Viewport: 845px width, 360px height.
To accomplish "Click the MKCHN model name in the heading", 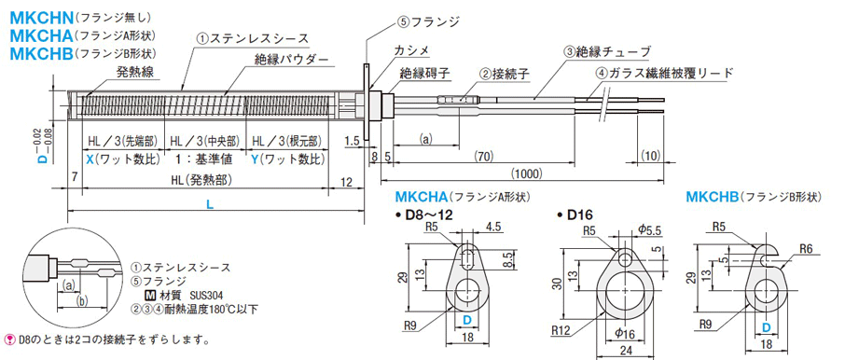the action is pyautogui.click(x=41, y=19).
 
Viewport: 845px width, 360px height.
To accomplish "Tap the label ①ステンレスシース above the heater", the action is pyautogui.click(x=252, y=38).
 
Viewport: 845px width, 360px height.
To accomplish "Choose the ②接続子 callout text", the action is pyautogui.click(x=504, y=75).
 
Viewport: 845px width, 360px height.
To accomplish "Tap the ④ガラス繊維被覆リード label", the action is pyautogui.click(x=664, y=73).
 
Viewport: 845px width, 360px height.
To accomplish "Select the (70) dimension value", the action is pyautogui.click(x=483, y=156).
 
